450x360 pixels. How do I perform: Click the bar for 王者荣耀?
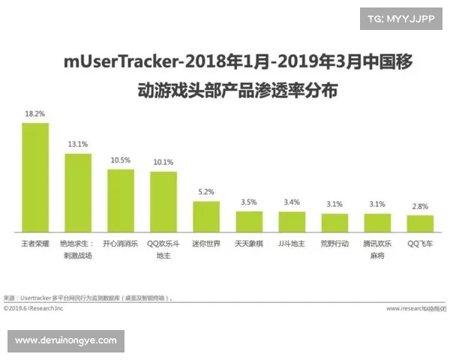(x=35, y=177)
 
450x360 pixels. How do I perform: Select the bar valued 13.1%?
(x=78, y=192)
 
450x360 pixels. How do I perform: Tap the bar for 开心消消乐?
(x=121, y=200)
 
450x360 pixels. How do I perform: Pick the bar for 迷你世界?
(x=206, y=216)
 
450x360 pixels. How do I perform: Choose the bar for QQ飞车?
(x=420, y=223)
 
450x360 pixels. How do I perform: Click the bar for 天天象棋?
(x=249, y=221)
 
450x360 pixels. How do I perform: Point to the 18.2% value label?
(x=35, y=114)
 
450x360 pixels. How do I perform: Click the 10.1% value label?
(x=163, y=161)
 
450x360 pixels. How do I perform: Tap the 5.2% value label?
(x=206, y=191)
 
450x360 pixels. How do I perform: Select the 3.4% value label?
(x=292, y=202)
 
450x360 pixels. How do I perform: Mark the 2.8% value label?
(x=420, y=205)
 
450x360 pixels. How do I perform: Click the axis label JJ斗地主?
(x=292, y=244)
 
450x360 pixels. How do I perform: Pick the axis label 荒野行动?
(x=334, y=244)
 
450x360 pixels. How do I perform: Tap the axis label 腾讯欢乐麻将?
(x=377, y=249)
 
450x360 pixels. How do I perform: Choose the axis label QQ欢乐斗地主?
(x=163, y=249)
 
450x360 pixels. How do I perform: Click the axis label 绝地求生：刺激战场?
(x=78, y=249)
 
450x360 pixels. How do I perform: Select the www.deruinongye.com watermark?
(x=66, y=340)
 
